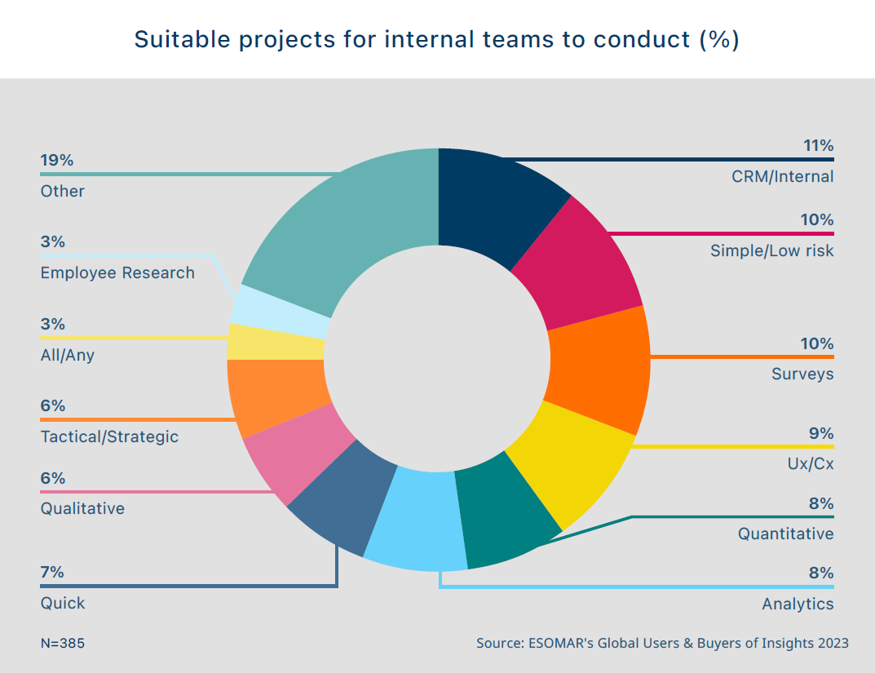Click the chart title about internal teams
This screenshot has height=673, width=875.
[x=437, y=39]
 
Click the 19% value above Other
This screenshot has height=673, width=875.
[x=57, y=160]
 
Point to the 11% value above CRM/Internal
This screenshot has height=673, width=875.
[x=818, y=146]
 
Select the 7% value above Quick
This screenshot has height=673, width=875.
[x=52, y=572]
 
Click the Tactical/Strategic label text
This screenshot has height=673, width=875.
[x=109, y=436]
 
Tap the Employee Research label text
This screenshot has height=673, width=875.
[x=117, y=272]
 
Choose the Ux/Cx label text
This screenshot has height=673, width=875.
[x=813, y=463]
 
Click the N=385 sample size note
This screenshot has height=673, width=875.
[x=62, y=643]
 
